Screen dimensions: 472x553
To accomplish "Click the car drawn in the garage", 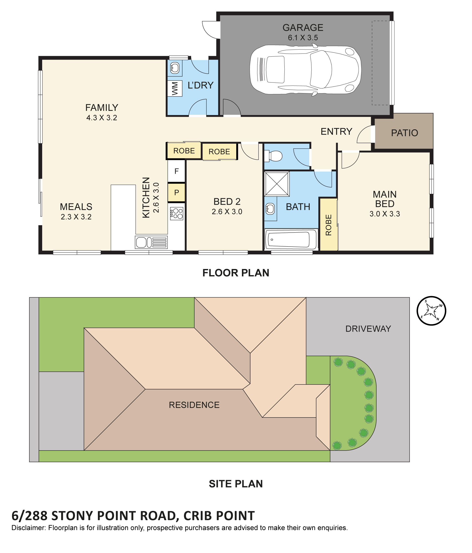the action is tap(305, 69).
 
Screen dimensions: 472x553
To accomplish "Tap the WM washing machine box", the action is tap(175, 88).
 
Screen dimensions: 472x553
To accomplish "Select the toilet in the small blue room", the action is tap(273, 156).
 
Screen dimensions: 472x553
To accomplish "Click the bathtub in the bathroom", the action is tap(291, 239).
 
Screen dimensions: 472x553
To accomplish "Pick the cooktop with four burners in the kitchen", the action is tap(177, 214).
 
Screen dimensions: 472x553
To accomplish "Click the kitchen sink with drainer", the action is tap(151, 242).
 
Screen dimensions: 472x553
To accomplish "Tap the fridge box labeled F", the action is tap(176, 171).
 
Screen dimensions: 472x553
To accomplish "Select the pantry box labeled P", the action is tap(176, 192).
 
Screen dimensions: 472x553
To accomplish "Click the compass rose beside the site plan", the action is tap(431, 311).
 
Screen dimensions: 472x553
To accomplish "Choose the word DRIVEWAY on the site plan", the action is tap(368, 329).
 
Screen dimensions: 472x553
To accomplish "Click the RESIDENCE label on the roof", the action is tap(194, 405).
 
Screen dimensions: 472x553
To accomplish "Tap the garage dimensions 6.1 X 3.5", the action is tap(303, 38).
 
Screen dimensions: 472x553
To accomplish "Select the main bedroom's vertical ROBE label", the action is tap(328, 225).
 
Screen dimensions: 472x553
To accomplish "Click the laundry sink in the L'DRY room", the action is tap(175, 68).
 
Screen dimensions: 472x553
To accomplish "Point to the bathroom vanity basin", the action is tap(270, 209).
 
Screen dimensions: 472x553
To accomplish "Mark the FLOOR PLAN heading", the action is tap(236, 273).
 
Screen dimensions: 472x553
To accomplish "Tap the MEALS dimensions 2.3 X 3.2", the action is tap(76, 217).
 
